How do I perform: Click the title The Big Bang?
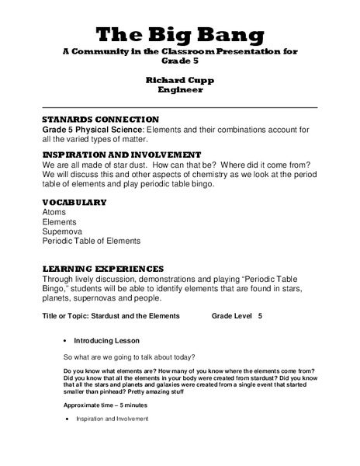179,34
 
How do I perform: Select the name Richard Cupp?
179,80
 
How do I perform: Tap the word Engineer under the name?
179,90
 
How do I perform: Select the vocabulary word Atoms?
55,212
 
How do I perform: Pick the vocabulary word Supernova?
63,231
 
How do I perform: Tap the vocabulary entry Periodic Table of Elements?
91,242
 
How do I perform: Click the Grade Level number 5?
260,316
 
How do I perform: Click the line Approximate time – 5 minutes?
105,405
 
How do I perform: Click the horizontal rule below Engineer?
179,106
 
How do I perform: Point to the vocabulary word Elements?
59,222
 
